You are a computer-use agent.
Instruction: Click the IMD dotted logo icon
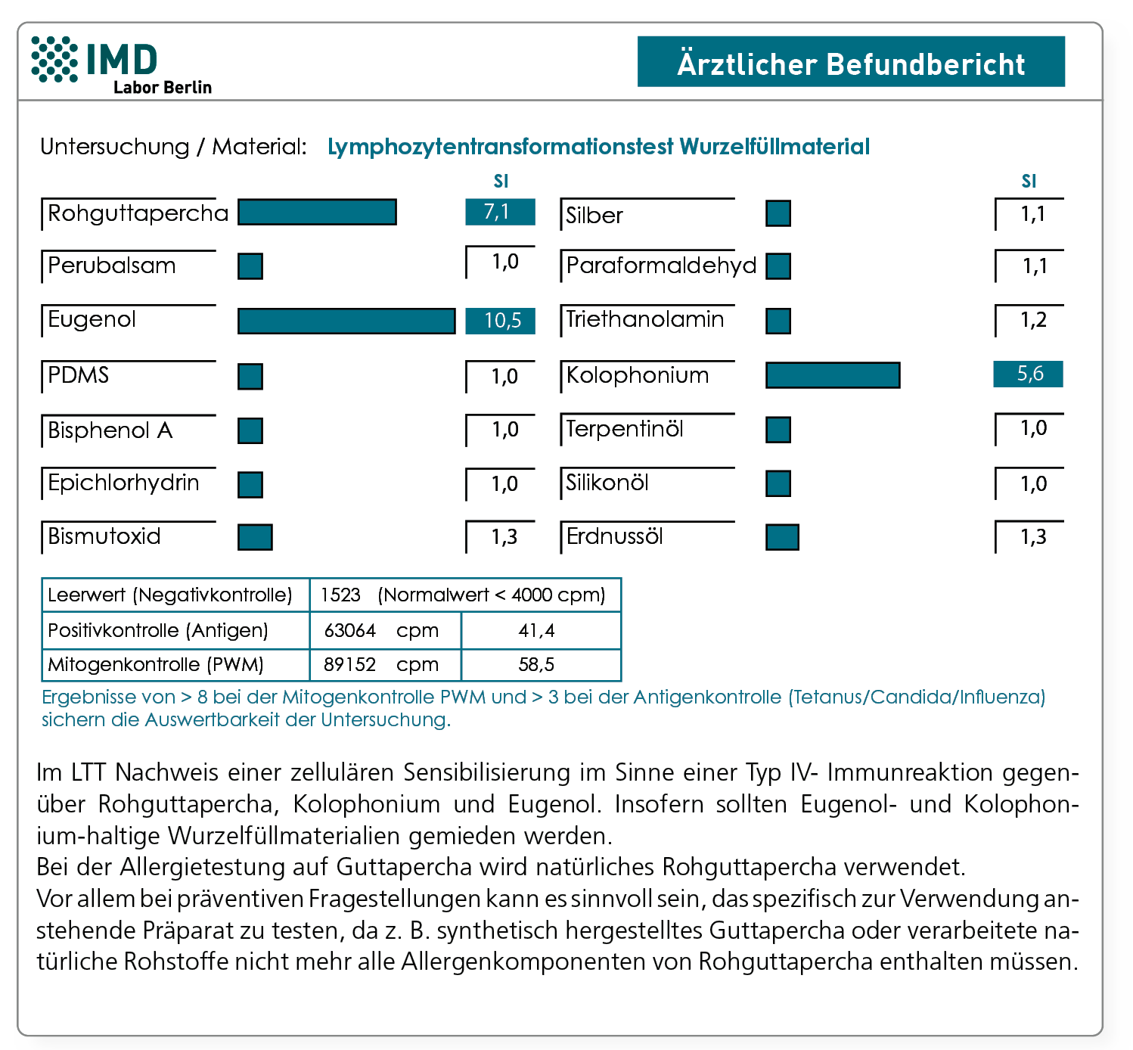(x=54, y=59)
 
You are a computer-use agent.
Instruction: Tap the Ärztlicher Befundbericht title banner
(x=851, y=62)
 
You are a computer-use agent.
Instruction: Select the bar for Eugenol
(x=346, y=321)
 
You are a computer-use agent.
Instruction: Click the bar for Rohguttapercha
(x=317, y=213)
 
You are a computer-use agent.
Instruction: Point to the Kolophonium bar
(x=833, y=375)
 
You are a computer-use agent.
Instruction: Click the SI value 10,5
(x=501, y=321)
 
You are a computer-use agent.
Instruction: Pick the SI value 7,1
(x=501, y=213)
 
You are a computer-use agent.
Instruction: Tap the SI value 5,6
(x=1029, y=374)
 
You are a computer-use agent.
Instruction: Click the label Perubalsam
(x=112, y=266)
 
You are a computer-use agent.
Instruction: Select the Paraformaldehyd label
(x=661, y=266)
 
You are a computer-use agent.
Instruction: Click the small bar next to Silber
(x=778, y=214)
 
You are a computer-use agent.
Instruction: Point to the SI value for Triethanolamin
(x=1032, y=320)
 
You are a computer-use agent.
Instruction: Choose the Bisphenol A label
(x=110, y=430)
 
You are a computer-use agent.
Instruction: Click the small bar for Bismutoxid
(x=255, y=537)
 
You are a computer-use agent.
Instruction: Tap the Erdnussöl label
(x=614, y=536)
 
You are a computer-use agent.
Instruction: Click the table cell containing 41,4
(x=540, y=630)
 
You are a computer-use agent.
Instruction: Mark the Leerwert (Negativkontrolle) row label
(x=170, y=595)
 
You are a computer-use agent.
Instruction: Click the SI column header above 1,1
(x=1029, y=182)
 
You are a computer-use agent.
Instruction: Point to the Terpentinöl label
(x=625, y=429)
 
